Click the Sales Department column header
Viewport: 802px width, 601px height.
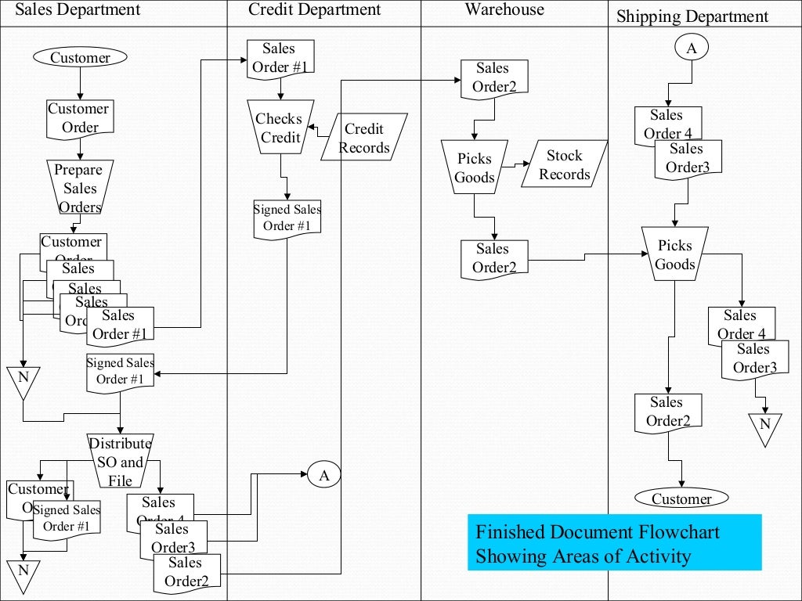click(x=78, y=10)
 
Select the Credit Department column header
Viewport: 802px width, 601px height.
click(x=315, y=10)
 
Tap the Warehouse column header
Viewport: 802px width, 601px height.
click(x=504, y=10)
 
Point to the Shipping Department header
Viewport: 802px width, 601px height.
click(x=692, y=16)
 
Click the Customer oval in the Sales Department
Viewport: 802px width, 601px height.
click(x=80, y=57)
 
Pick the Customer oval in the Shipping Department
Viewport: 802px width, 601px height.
click(x=681, y=498)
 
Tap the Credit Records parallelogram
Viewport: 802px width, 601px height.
click(x=364, y=138)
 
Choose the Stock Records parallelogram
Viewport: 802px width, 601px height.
click(x=564, y=164)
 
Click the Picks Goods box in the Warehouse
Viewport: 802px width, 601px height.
click(x=475, y=167)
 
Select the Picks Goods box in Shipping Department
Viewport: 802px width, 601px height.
click(x=675, y=255)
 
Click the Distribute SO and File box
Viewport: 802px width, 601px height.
click(x=120, y=462)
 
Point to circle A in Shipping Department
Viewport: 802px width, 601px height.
click(x=691, y=48)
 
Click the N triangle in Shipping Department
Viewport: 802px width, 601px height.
click(x=765, y=427)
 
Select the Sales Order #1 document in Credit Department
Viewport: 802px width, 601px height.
click(x=280, y=59)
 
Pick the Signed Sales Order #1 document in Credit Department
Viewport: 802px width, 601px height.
click(x=287, y=218)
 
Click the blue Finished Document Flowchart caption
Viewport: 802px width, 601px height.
click(x=614, y=543)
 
